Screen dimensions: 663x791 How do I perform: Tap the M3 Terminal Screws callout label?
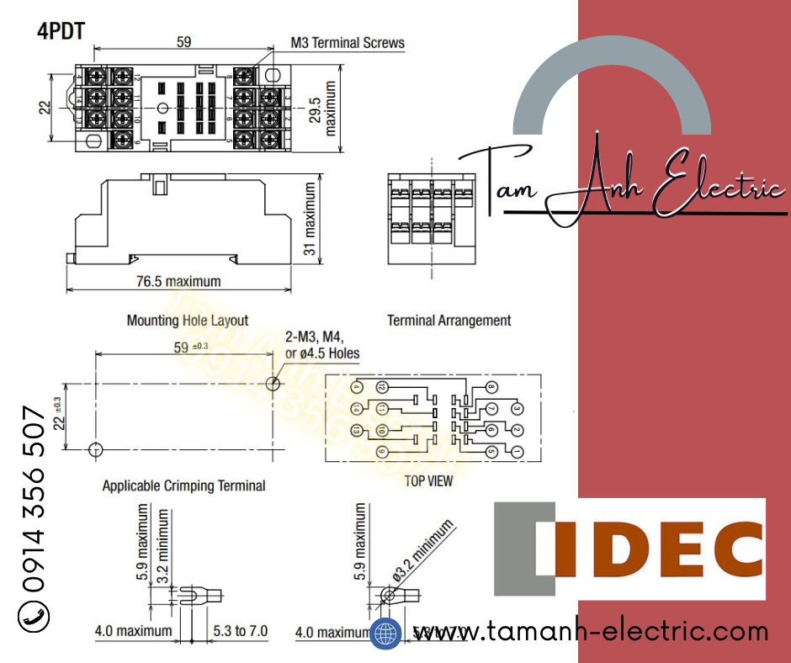pyautogui.click(x=348, y=42)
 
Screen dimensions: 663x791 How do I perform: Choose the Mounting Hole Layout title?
pyautogui.click(x=187, y=321)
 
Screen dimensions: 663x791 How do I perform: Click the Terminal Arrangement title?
pyautogui.click(x=449, y=321)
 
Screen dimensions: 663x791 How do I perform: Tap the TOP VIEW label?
pyautogui.click(x=428, y=481)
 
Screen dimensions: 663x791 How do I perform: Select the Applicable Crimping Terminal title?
pyautogui.click(x=183, y=485)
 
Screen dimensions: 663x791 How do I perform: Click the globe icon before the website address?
pyautogui.click(x=385, y=633)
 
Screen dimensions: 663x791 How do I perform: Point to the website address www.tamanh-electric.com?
pyautogui.click(x=589, y=631)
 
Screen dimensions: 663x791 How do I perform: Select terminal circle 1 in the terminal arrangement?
pyautogui.click(x=518, y=452)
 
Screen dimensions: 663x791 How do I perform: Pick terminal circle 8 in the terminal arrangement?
pyautogui.click(x=492, y=387)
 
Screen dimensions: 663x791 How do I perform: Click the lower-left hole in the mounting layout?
pyautogui.click(x=96, y=448)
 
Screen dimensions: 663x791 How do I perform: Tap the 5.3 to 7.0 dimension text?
pyautogui.click(x=240, y=630)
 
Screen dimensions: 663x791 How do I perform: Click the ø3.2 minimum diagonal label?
pyautogui.click(x=422, y=552)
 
